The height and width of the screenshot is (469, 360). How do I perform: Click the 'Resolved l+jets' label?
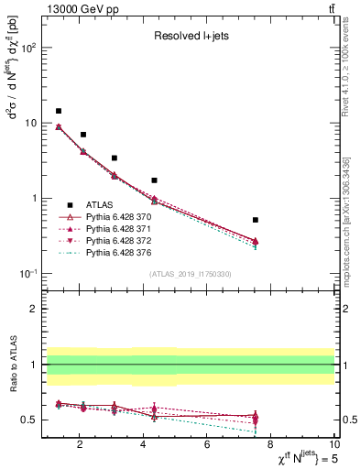click(190, 38)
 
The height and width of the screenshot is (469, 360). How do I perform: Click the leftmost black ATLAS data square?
click(59, 111)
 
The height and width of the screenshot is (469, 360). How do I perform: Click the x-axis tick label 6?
click(207, 445)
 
